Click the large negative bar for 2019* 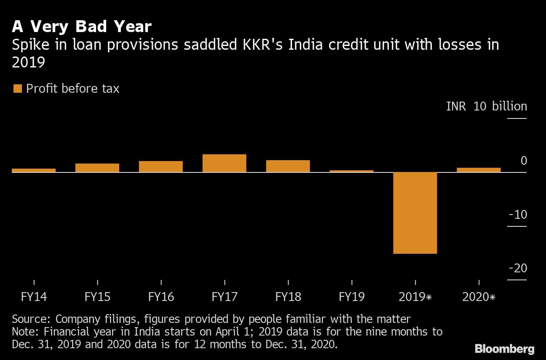415,213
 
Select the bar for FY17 224,163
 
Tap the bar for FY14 34,170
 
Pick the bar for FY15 97,168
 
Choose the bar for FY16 161,167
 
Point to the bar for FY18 288,166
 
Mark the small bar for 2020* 479,170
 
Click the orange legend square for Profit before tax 18,89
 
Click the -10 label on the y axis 518,215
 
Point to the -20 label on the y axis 518,268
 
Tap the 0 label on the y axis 524,161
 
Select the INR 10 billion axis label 487,106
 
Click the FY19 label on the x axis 352,297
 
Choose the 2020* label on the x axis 479,297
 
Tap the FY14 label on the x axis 34,297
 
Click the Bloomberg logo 504,349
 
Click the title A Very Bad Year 82,27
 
